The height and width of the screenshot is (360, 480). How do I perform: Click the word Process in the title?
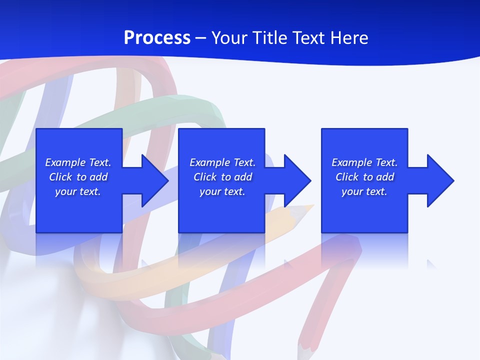coord(157,38)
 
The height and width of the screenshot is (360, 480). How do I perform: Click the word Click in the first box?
coord(60,177)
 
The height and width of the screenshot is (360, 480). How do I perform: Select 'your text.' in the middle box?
coord(222,191)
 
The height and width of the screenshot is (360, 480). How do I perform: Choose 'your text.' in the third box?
coord(364,191)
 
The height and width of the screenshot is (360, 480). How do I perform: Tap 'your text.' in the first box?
coord(78,191)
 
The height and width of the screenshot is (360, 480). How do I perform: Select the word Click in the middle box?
coord(205,177)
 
